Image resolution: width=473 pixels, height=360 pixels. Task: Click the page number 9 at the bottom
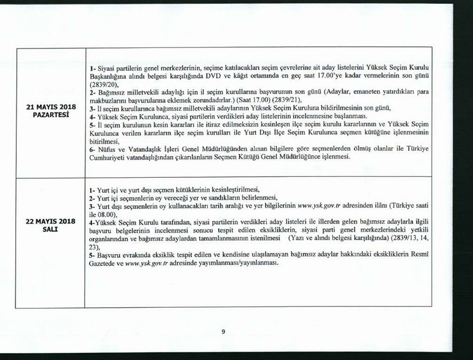click(223, 331)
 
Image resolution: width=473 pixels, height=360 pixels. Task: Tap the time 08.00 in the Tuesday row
click(108, 215)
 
